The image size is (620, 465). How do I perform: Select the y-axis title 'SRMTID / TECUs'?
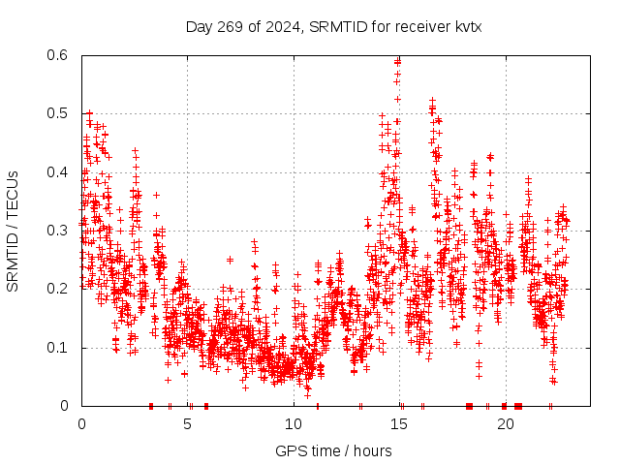pos(13,232)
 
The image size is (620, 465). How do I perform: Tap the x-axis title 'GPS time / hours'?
pos(333,450)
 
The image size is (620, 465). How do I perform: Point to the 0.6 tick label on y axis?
pos(59,55)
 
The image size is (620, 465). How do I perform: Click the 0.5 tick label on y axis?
pos(59,113)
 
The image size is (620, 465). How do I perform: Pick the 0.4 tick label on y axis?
pos(59,172)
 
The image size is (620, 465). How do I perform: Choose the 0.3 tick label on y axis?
pos(59,231)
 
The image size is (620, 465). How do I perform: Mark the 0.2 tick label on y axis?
pos(59,289)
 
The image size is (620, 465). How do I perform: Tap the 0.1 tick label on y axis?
pos(59,348)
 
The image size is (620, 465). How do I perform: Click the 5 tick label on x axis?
pos(188,424)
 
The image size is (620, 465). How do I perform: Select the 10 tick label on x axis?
pos(294,424)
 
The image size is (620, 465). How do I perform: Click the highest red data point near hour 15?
pos(398,60)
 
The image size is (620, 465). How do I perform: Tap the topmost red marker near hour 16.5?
pos(432,100)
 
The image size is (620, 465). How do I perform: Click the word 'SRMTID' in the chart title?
pos(335,26)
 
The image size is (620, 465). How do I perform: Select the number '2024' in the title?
pos(282,26)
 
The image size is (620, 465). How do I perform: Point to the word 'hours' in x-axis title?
pos(372,450)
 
